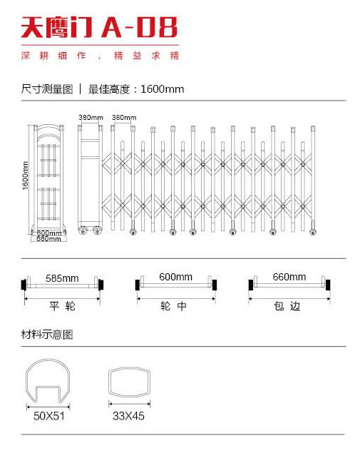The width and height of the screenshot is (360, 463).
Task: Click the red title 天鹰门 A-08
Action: click(99, 27)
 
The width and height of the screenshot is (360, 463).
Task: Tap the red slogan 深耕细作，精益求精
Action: click(100, 56)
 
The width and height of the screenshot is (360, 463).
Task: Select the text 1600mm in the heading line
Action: click(163, 89)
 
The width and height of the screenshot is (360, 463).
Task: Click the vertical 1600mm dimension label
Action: click(26, 175)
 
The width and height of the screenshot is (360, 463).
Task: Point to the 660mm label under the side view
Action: click(48, 238)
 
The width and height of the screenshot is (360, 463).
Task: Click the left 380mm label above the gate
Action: click(91, 118)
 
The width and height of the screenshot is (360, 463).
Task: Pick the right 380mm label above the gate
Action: click(124, 118)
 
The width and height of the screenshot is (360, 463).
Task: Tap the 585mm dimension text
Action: click(62, 278)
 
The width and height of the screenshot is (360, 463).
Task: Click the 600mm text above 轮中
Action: click(175, 277)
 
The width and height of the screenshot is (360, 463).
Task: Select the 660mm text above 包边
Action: click(289, 277)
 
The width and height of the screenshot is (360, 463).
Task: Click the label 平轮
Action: click(63, 306)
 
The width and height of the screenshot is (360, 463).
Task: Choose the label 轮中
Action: click(173, 306)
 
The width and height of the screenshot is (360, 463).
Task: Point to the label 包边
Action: click(287, 306)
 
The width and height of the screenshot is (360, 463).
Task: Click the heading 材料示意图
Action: click(47, 335)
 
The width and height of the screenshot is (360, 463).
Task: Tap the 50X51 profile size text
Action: click(49, 416)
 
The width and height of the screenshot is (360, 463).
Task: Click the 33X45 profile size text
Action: click(128, 416)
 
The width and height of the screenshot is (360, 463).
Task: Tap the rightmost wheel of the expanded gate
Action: click(313, 232)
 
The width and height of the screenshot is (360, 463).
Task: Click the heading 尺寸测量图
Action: click(47, 89)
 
